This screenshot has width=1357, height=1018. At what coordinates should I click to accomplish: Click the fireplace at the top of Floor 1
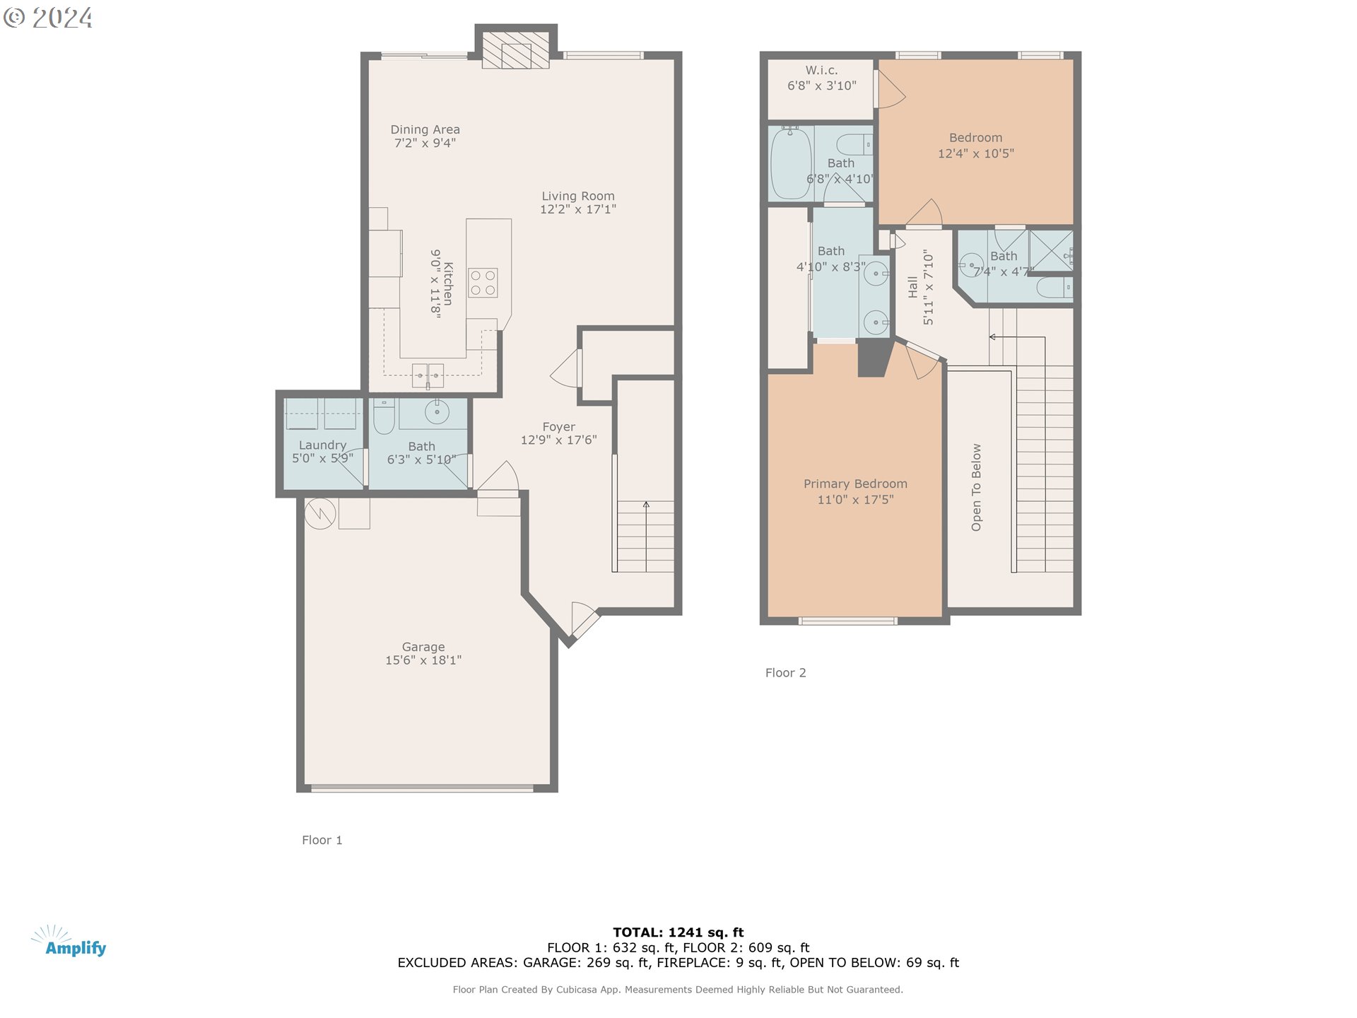pos(515,49)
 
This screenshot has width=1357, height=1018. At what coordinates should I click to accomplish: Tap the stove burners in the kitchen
pos(483,283)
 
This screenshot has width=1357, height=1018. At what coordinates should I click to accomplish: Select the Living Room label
pos(577,196)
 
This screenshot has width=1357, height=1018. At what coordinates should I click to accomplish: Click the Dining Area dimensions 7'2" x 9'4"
pos(425,143)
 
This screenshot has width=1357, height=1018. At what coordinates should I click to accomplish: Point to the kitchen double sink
pos(428,375)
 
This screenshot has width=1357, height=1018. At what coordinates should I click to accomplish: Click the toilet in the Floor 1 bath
pos(383,416)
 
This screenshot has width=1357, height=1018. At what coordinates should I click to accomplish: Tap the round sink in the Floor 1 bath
pos(437,412)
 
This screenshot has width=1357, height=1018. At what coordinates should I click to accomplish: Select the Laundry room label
pos(322,445)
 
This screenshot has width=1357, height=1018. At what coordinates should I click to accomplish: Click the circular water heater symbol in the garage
pos(319,513)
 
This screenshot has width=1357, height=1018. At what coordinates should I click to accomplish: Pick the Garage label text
pos(423,647)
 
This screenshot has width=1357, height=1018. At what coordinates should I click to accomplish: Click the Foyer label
pos(558,427)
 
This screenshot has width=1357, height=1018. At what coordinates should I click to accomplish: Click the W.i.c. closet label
pos(821,71)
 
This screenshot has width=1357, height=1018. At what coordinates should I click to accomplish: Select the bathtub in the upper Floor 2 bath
pos(790,163)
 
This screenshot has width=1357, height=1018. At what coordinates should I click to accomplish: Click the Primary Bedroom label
pos(855,484)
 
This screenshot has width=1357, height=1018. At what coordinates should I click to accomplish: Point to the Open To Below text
pos(976,487)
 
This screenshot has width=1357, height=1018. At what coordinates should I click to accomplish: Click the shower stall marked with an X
pos(1050,250)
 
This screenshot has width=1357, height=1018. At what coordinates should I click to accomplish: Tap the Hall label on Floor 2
pos(912,287)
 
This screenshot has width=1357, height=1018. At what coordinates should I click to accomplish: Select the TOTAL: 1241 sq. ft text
pos(678,932)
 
